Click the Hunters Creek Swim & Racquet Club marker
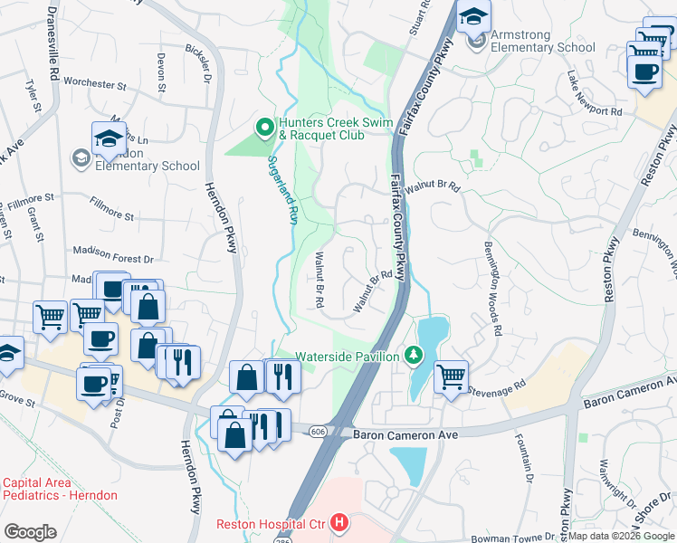tap(265, 127)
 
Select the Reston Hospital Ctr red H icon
tap(338, 522)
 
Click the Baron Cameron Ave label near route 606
tap(407, 435)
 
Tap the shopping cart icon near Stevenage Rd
tap(451, 375)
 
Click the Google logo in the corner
tap(31, 532)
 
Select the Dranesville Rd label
tap(52, 34)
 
